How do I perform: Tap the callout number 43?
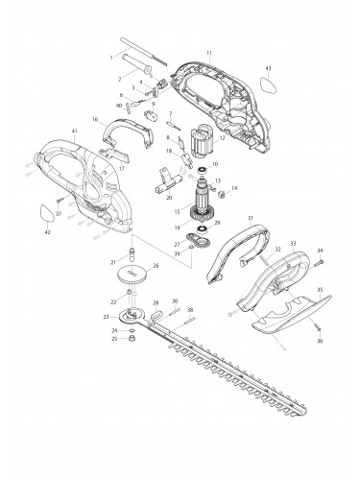[x=268, y=69]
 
